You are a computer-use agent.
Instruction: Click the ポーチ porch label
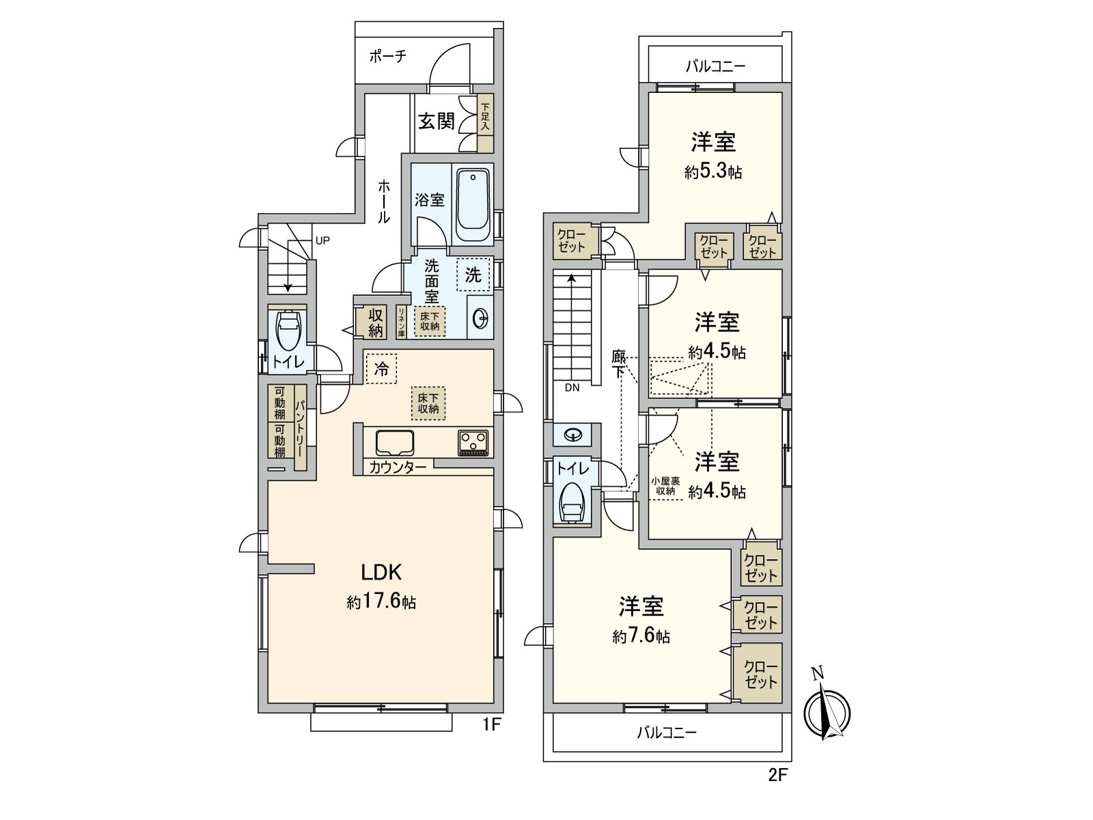point(387,57)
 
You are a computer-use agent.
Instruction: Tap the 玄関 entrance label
point(436,122)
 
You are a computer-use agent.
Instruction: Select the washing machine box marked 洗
point(473,275)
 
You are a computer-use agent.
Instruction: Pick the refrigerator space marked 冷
point(381,369)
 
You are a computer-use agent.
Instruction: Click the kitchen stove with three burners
point(473,442)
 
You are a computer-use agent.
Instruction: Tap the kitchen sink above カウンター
point(395,442)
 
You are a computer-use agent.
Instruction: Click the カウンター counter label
point(398,468)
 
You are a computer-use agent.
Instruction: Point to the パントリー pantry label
point(300,428)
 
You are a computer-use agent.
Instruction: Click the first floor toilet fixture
point(288,329)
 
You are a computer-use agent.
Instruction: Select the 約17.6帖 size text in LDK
point(381,603)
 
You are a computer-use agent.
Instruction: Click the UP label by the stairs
point(322,241)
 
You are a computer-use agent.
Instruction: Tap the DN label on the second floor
point(572,387)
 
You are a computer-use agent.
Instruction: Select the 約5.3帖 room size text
point(713,172)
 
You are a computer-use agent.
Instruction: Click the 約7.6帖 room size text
point(641,637)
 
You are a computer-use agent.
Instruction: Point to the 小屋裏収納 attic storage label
point(665,486)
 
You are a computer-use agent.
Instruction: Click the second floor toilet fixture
point(572,504)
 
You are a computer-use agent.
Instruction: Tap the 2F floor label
point(778,775)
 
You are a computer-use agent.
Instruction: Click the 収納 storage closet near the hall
point(375,323)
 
